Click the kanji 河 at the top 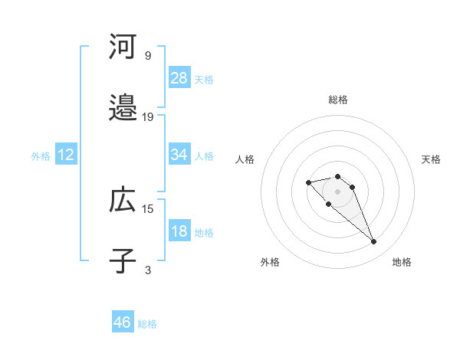(x=123, y=47)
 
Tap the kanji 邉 (x=123, y=109)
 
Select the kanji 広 (x=123, y=201)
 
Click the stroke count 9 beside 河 (x=148, y=56)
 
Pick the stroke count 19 (x=148, y=117)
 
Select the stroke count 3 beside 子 (x=148, y=270)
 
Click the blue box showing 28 (x=179, y=78)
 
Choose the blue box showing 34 (x=179, y=155)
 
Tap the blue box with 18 (x=179, y=231)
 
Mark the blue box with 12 (x=66, y=155)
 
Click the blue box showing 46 (x=123, y=322)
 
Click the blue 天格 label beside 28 (x=204, y=79)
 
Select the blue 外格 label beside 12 (x=41, y=155)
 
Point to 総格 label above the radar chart (x=337, y=100)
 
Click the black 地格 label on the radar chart (x=402, y=262)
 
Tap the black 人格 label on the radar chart (x=245, y=159)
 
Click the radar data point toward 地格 (x=373, y=242)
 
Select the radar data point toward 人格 (x=308, y=182)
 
